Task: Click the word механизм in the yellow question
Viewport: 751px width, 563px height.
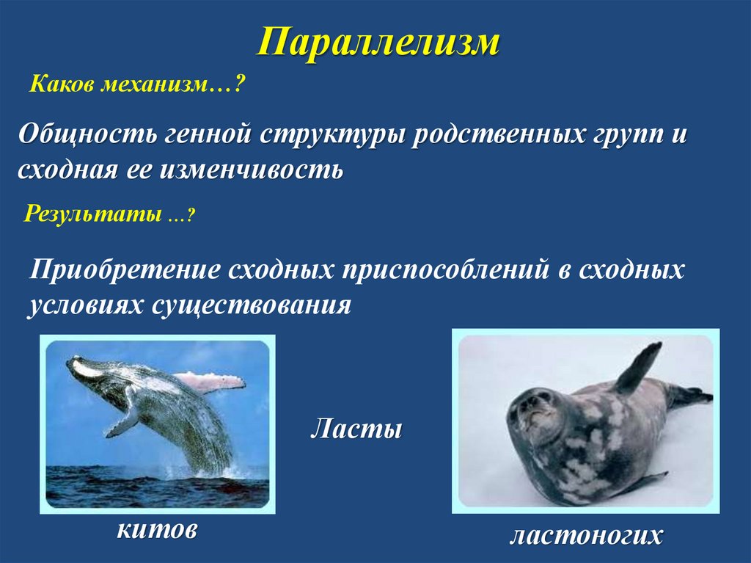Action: click(x=161, y=87)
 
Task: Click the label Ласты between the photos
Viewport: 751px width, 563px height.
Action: click(x=356, y=428)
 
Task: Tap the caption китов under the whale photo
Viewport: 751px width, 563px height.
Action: click(x=156, y=529)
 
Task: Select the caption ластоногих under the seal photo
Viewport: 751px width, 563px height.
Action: click(x=585, y=535)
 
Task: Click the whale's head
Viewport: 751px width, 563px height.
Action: click(x=88, y=367)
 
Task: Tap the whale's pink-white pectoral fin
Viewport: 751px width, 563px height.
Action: click(x=213, y=380)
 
